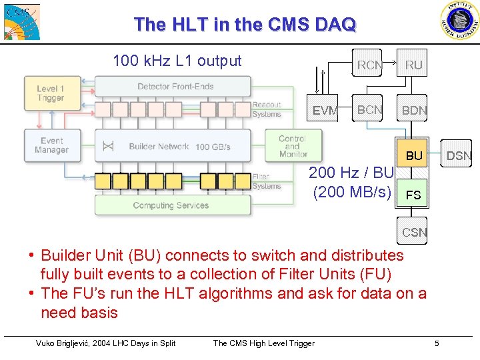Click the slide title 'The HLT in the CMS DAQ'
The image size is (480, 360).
tap(245, 25)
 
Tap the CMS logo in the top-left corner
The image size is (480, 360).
tap(21, 22)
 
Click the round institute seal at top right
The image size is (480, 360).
tap(459, 21)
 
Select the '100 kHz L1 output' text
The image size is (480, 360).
tap(177, 61)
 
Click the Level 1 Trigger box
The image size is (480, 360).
tap(51, 93)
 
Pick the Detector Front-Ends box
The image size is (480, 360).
tap(173, 86)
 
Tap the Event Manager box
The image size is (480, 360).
tap(51, 145)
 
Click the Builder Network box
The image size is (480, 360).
tap(173, 146)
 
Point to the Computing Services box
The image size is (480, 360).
tap(172, 205)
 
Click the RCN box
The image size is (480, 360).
tap(369, 65)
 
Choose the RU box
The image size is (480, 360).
tap(414, 65)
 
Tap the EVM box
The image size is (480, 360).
tap(325, 111)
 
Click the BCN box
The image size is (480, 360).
tap(369, 110)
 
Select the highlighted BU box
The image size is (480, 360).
tap(414, 155)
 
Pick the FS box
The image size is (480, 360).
tap(414, 195)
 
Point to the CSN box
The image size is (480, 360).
tap(414, 233)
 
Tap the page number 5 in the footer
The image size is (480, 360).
tap(437, 343)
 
